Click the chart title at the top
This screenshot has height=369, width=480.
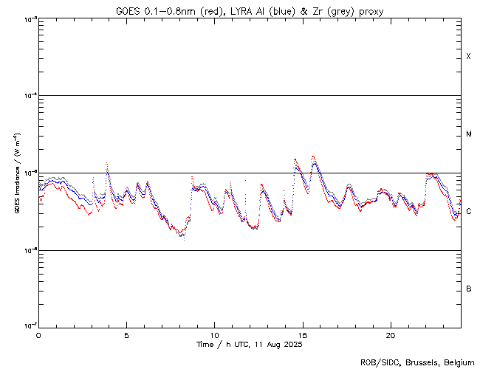click(x=250, y=11)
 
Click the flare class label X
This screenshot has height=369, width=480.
click(x=469, y=57)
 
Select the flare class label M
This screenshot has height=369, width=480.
click(x=469, y=134)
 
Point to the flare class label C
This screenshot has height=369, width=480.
click(x=469, y=212)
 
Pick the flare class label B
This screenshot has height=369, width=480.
click(x=469, y=289)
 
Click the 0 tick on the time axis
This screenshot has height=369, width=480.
click(x=38, y=334)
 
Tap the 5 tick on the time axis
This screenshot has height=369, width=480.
click(x=126, y=334)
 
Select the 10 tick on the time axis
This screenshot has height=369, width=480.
click(x=214, y=334)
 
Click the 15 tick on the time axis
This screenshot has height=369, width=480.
click(x=302, y=334)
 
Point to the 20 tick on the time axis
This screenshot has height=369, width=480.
click(x=390, y=334)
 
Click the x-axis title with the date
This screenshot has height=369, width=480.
click(x=250, y=344)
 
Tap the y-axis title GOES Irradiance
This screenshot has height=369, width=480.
click(x=16, y=173)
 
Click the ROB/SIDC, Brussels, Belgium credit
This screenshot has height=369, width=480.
click(x=416, y=362)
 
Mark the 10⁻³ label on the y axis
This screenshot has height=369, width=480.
click(x=29, y=18)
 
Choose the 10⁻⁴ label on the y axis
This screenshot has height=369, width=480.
click(x=29, y=96)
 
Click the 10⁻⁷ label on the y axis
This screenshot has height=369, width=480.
click(x=29, y=326)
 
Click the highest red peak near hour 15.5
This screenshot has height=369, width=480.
click(x=313, y=156)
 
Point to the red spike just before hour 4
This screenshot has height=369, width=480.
click(x=107, y=162)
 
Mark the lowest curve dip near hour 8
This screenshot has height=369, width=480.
click(x=181, y=236)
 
